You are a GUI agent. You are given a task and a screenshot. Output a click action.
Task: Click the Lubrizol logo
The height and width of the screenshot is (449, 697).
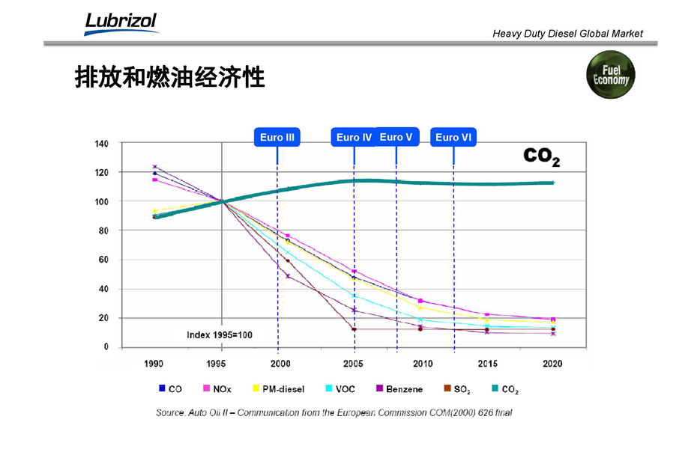point(121,23)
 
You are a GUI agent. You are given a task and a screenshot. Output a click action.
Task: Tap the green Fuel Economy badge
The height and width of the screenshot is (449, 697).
point(611,75)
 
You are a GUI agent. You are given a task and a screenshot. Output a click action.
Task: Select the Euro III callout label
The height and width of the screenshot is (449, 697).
point(277,137)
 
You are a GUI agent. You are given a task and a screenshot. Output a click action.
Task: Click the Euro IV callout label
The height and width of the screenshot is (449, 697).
point(354,137)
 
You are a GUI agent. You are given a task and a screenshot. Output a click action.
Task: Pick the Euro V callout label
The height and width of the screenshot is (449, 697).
point(396,137)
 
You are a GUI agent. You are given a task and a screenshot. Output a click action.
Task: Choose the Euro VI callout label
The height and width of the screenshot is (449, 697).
point(453,137)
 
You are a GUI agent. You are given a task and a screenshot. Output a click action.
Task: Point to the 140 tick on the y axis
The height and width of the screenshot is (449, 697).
point(101,144)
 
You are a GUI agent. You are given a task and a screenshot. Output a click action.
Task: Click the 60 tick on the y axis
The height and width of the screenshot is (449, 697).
point(103,260)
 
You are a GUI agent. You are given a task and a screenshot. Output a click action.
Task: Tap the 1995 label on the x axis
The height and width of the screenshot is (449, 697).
point(216,364)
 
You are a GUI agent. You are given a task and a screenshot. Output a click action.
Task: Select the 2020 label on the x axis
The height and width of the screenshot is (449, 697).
point(552,364)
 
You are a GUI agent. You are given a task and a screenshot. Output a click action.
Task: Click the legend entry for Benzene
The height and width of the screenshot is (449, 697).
point(399,389)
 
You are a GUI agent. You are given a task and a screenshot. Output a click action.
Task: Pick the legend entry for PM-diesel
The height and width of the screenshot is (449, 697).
point(278,389)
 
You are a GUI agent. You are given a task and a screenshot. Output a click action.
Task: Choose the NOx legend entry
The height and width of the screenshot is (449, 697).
point(217,389)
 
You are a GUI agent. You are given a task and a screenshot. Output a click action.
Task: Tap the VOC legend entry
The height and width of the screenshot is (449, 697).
point(340,389)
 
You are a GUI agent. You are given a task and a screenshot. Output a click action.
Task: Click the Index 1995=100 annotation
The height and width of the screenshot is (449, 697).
point(219,335)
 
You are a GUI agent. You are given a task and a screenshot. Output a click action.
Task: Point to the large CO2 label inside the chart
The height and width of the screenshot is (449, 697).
point(541,156)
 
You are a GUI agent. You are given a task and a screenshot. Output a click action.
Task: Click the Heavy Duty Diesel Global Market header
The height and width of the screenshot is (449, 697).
point(567,34)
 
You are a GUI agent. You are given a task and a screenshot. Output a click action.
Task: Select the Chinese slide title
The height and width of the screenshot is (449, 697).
point(170,78)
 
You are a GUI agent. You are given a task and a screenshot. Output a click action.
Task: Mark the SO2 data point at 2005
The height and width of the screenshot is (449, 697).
point(354,329)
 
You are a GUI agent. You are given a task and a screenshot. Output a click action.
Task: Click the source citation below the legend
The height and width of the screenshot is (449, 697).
point(334,412)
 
